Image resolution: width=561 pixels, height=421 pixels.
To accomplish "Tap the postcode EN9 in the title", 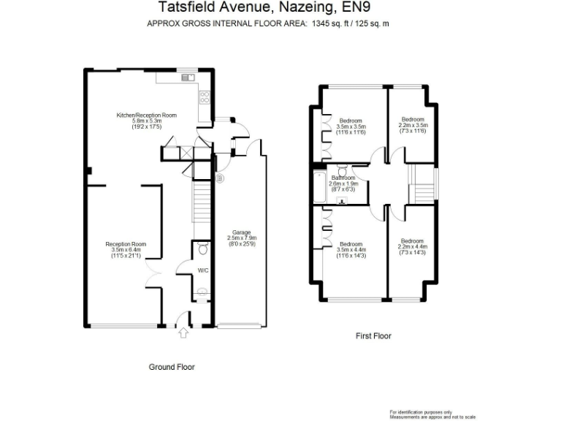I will click(348, 8).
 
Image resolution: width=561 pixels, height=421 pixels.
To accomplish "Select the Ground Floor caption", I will click(172, 367).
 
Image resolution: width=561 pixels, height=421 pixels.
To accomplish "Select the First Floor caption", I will click(373, 336).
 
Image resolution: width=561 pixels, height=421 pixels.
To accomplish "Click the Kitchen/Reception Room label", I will click(147, 115).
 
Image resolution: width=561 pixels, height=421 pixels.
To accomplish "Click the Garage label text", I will click(241, 232).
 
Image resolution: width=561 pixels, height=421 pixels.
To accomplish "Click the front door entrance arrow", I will click(183, 334).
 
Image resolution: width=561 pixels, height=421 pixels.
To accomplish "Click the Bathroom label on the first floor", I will click(343, 178).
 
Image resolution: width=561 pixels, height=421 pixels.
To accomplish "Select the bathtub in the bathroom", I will click(319, 188).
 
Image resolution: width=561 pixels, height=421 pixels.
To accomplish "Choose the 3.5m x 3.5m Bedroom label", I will click(351, 121).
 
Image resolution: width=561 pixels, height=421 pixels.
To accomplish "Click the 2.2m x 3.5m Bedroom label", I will click(413, 119).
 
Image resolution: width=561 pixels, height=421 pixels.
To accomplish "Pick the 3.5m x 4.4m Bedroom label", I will click(351, 244).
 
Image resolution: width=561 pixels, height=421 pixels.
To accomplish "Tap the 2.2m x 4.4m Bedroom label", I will click(412, 242).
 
